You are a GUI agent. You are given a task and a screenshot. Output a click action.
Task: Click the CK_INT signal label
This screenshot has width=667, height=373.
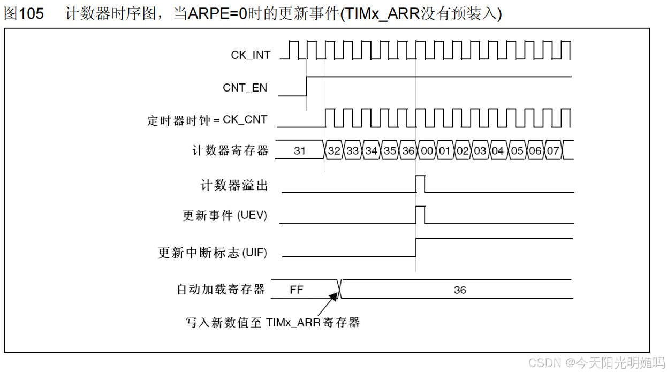[251, 55]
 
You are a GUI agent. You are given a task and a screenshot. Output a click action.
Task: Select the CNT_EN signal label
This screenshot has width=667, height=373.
[245, 88]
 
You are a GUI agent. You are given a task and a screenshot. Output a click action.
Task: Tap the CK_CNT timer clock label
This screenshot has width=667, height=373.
[245, 119]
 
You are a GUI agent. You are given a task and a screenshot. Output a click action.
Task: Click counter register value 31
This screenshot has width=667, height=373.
[300, 151]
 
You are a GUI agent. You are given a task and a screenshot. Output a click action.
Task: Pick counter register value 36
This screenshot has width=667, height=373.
[408, 151]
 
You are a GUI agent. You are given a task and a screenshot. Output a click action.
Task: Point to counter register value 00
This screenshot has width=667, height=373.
[427, 151]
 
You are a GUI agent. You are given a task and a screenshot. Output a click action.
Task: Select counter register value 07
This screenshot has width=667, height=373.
[553, 151]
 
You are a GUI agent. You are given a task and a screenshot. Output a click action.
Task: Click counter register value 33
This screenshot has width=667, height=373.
[352, 151]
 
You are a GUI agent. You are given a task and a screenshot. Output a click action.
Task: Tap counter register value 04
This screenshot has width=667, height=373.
[498, 151]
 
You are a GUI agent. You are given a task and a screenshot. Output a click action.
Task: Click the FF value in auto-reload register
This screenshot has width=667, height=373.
[296, 290]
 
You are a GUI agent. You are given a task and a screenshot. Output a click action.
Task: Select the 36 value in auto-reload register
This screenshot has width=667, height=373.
[460, 290]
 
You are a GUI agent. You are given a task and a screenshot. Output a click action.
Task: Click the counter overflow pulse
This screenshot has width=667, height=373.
[421, 183]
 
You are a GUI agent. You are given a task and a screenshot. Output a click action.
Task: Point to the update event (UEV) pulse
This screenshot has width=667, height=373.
[421, 215]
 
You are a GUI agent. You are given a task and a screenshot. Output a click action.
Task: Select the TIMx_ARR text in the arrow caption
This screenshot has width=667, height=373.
[293, 322]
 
